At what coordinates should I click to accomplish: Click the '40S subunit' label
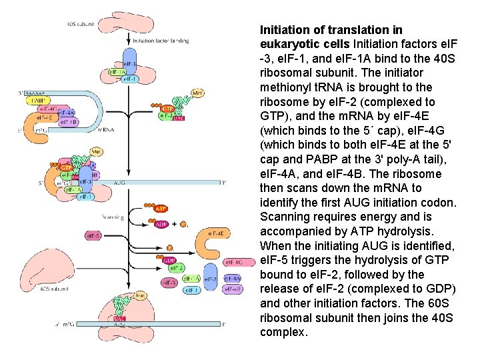point(80,24)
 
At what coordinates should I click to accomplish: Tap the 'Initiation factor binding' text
point(161,40)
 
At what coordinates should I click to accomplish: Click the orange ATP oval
point(161,209)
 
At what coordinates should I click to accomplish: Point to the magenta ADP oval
point(161,224)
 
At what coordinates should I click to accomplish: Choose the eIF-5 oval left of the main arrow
point(94,235)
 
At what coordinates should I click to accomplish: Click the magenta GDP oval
point(170,261)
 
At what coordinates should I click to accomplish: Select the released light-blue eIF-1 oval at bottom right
point(190,290)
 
